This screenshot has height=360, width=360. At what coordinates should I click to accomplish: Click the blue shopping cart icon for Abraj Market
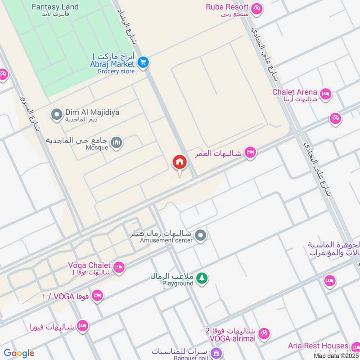(143, 63)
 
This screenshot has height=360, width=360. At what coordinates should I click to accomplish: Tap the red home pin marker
(179, 162)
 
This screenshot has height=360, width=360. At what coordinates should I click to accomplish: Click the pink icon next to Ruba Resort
(256, 8)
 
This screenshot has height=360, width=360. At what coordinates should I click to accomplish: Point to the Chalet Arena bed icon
(326, 94)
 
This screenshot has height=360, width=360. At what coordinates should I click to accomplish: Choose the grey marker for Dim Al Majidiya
(57, 115)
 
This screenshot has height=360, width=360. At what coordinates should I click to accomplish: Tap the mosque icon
(117, 143)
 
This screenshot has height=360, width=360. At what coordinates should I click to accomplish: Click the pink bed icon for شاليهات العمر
(251, 153)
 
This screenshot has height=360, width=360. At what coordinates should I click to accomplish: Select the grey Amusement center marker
(201, 235)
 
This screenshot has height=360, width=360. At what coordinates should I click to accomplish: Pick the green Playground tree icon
(202, 279)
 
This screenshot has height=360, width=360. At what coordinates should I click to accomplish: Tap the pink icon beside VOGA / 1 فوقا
(97, 296)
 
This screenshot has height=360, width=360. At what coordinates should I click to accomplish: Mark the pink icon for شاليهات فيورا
(82, 326)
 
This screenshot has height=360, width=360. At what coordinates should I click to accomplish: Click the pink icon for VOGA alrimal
(264, 333)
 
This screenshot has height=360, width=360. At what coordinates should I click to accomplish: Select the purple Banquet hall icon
(216, 352)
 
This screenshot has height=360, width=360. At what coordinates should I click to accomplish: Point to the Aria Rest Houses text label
(318, 346)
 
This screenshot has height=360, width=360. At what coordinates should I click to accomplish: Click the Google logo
(19, 353)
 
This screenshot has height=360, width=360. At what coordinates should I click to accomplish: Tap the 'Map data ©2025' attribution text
(335, 355)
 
